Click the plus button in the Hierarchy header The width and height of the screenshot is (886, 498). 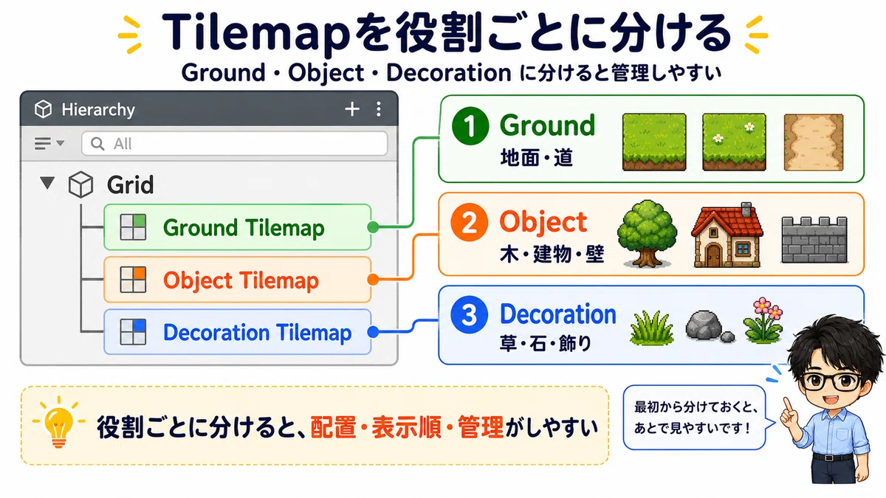pos(352,109)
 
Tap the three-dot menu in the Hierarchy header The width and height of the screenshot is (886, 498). pos(379,109)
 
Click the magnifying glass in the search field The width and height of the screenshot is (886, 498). pos(97,144)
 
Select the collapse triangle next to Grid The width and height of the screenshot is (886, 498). pos(47,183)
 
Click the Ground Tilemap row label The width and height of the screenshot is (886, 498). pos(244,228)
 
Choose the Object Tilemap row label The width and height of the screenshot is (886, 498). pos(241,280)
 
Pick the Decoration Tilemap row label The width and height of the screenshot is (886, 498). pos(257,333)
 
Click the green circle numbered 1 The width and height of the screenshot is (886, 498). pos(470,126)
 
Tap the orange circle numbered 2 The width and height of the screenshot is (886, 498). pos(469,222)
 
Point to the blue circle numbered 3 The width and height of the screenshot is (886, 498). pos(469,315)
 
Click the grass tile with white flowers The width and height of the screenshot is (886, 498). pos(734,142)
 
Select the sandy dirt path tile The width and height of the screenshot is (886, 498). pos(814,142)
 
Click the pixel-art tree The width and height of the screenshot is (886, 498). pos(647,233)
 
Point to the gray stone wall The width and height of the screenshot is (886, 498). pos(814,240)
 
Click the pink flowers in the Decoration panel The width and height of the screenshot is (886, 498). pos(763,320)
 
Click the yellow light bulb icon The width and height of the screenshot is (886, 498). pos(59,423)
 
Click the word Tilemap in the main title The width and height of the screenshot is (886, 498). pos(256,33)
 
